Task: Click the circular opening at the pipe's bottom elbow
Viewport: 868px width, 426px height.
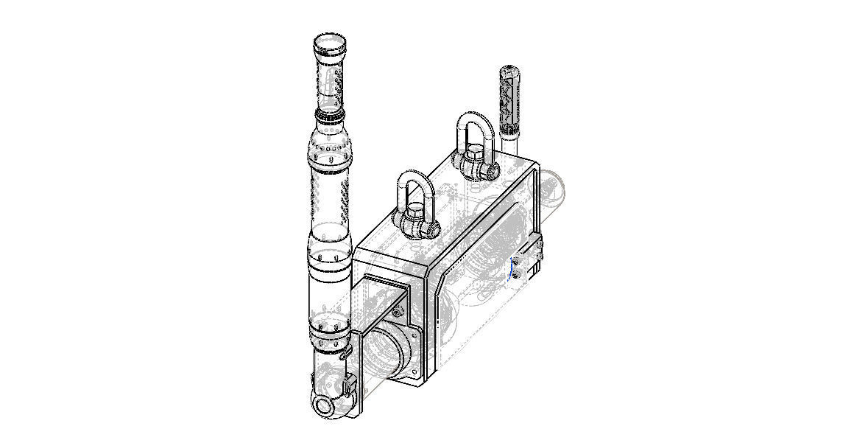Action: (x=322, y=405)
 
